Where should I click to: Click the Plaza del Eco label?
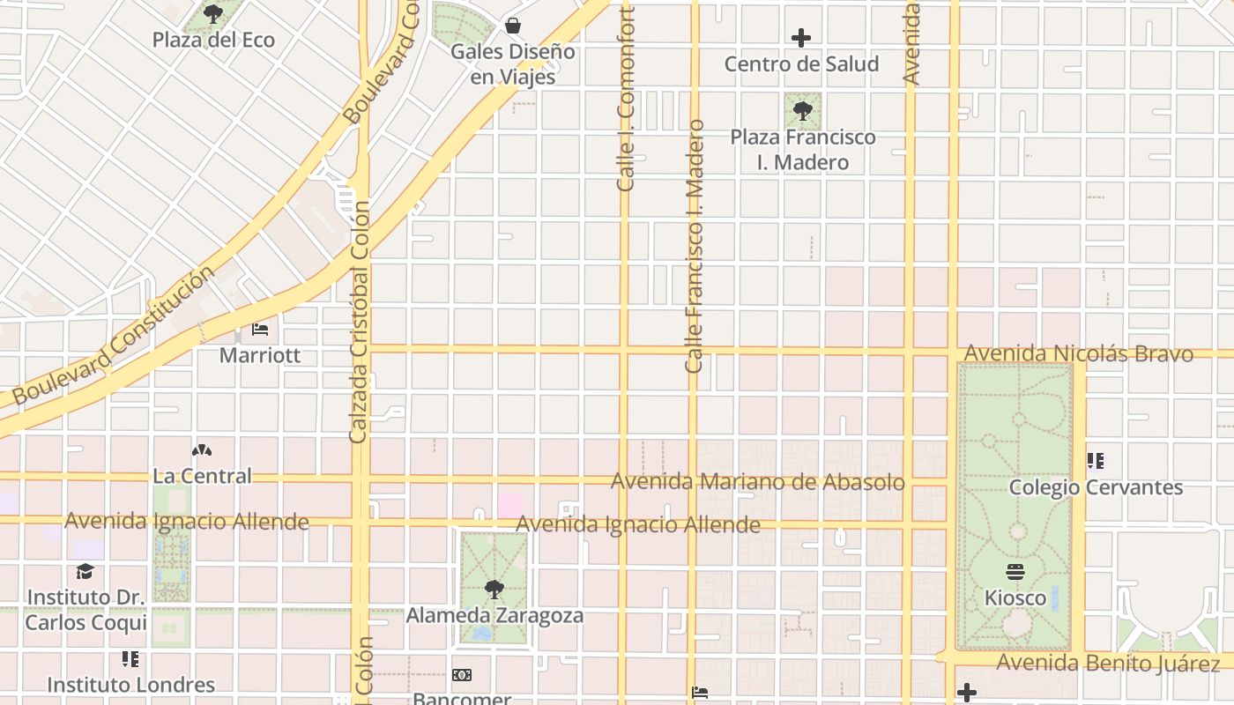coord(213,40)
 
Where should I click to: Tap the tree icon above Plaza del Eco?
coord(213,14)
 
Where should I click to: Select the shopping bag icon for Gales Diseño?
coord(512,26)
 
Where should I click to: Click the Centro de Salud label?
coord(801,63)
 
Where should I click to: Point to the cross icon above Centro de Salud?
coord(801,38)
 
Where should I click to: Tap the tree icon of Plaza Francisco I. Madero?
coord(802,111)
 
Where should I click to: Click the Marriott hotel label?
coord(260,355)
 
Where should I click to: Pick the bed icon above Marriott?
coord(260,330)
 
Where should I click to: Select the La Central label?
coord(202,476)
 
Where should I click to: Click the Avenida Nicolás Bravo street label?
coord(1079,354)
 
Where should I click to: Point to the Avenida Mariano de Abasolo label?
coord(758,482)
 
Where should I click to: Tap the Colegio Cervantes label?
coord(1096,487)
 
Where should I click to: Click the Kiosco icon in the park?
coord(1015,572)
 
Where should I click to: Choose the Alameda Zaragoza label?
coord(494,615)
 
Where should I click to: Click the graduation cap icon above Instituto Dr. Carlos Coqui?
coord(85,572)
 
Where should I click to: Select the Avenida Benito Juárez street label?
coord(1108,663)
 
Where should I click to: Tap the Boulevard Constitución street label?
coord(114,336)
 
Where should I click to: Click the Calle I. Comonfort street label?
coord(626,100)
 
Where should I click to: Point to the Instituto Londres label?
coord(130,685)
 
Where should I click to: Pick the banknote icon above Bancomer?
coord(462,675)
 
